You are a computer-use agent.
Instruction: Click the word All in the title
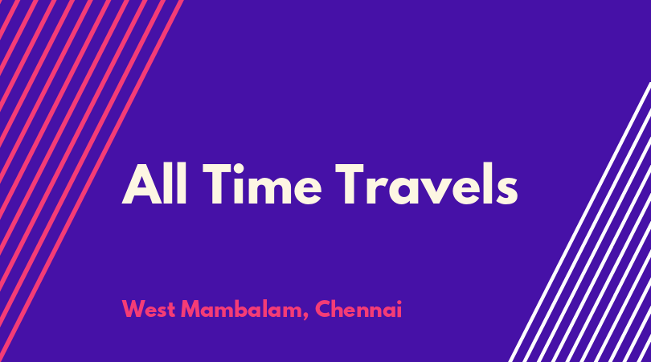[154, 183]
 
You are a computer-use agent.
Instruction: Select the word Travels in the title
[427, 183]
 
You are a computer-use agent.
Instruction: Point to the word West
[148, 309]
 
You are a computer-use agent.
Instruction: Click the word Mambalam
[242, 309]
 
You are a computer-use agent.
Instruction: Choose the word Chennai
[358, 309]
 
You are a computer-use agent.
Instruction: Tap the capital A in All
[141, 183]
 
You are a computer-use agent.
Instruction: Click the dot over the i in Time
[239, 167]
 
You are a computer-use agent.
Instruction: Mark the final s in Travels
[506, 191]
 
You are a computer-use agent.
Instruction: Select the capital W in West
[134, 309]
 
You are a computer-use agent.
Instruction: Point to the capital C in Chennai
[322, 309]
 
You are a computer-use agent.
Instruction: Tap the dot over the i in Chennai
[399, 302]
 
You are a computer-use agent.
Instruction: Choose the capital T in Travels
[350, 183]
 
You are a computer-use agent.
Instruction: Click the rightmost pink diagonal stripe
[91, 181]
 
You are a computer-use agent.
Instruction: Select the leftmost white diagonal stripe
[580, 221]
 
